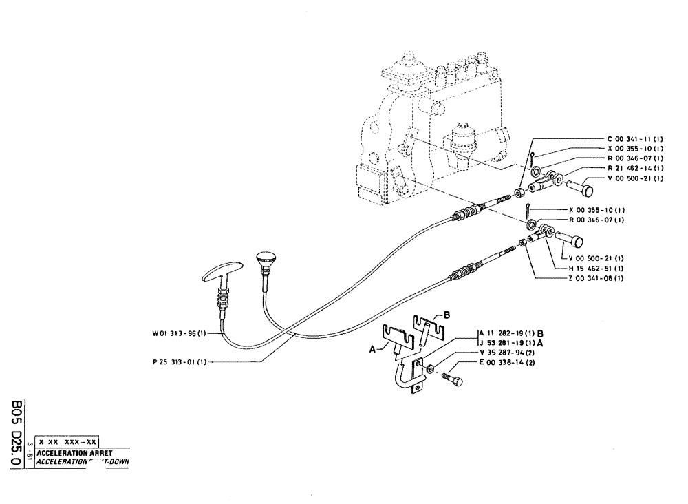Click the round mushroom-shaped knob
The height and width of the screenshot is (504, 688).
(265, 260)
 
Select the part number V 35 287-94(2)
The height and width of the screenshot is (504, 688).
(504, 353)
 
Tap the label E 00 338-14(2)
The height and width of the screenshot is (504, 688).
(504, 362)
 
